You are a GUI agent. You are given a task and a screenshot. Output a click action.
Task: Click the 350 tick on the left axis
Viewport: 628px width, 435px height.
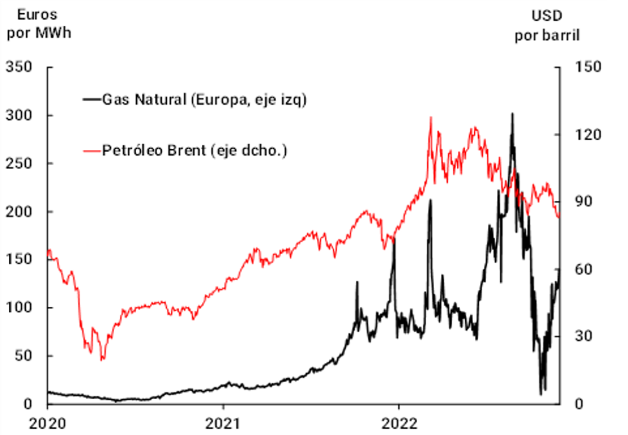(x=23, y=67)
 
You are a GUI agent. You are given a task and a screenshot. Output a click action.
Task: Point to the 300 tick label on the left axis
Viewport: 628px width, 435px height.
(x=23, y=115)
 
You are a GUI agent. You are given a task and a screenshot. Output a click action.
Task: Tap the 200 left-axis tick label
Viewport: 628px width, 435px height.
(x=23, y=212)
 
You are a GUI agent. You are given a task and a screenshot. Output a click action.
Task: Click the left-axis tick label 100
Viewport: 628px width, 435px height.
(x=23, y=308)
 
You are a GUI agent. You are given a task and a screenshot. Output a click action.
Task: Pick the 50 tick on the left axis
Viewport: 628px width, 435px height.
(x=26, y=355)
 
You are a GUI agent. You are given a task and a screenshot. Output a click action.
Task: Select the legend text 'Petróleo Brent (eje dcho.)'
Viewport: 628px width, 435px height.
(x=194, y=151)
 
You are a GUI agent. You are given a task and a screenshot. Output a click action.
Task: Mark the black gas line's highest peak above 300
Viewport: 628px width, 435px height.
(x=512, y=114)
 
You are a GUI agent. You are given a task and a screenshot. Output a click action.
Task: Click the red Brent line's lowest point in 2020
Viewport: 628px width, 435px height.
(x=102, y=360)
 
